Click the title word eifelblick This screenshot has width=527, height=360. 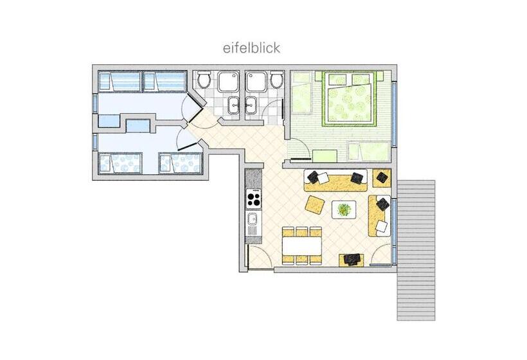(251, 48)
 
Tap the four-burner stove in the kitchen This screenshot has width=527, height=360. (254, 198)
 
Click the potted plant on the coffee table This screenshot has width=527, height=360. (344, 210)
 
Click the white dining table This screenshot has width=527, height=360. (301, 246)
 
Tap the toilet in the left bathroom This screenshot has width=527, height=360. (204, 82)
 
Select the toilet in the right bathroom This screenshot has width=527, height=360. (276, 82)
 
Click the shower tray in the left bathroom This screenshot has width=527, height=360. (228, 82)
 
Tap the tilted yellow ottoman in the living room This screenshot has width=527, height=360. (315, 206)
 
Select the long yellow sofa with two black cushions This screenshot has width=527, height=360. (335, 181)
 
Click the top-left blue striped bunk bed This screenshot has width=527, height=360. (119, 82)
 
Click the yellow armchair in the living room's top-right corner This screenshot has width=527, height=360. (381, 177)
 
